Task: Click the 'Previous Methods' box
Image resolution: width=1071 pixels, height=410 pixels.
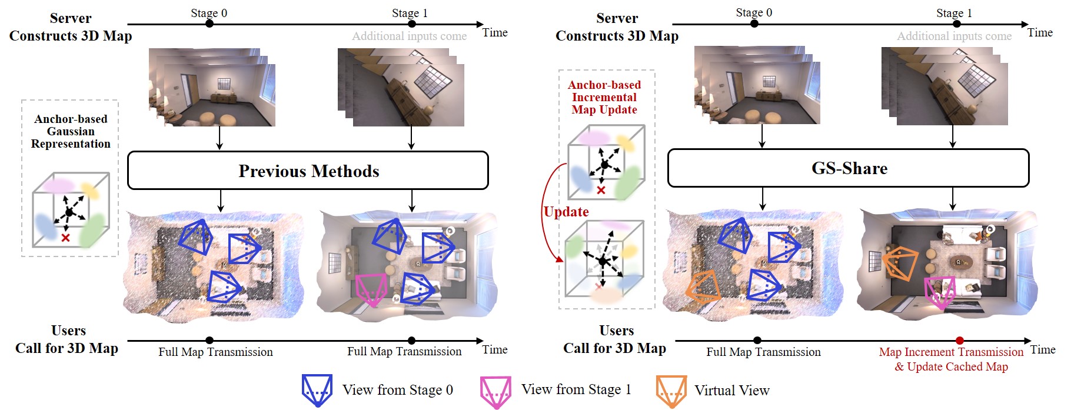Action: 308,171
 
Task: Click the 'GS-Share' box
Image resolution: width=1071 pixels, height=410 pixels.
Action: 848,168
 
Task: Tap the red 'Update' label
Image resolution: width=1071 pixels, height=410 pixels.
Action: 566,212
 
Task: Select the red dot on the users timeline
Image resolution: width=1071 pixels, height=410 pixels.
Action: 960,341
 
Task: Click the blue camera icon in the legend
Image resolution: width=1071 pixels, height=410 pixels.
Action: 317,390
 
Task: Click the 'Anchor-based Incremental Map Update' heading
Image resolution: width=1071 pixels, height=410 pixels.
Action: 604,98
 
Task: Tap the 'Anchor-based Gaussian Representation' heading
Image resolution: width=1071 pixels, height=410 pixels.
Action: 71,131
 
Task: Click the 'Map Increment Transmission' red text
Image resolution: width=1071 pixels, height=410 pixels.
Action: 951,352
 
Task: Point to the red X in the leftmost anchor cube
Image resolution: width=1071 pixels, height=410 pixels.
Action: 65,238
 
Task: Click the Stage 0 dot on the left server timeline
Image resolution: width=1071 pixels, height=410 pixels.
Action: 209,24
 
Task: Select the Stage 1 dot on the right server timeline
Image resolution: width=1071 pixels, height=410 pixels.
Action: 957,24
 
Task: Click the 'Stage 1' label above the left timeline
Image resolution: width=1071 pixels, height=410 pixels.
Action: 410,13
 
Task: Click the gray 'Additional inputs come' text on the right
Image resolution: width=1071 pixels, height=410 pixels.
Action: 954,36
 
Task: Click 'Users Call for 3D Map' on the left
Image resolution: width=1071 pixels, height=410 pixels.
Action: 68,339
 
